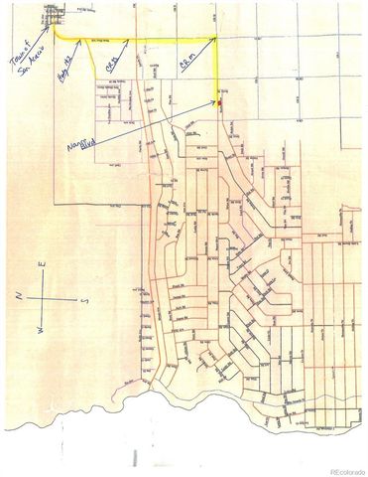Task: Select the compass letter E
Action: (x=43, y=265)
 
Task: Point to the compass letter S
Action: (x=85, y=296)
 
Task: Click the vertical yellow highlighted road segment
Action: (x=218, y=70)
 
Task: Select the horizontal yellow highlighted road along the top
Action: (x=159, y=40)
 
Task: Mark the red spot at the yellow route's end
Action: (x=220, y=102)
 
